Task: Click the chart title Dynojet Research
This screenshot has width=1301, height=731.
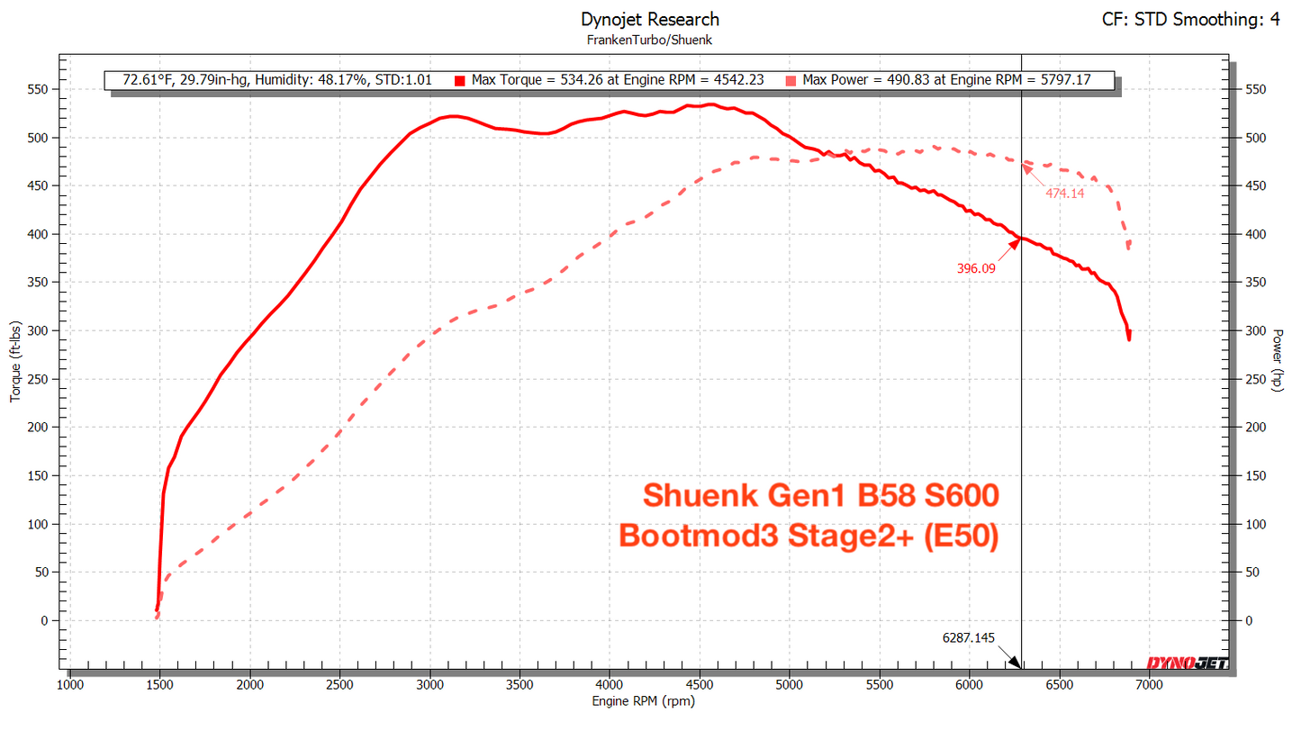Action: tap(650, 19)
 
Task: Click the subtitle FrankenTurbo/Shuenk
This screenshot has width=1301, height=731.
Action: tap(650, 40)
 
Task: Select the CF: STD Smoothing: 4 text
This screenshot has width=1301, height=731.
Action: tap(1190, 19)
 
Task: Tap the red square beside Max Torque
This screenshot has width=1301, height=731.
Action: tap(459, 80)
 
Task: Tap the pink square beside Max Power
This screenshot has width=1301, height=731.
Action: tap(791, 80)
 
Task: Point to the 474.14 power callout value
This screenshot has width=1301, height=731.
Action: tap(1065, 193)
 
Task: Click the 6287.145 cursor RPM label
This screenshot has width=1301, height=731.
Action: tap(969, 637)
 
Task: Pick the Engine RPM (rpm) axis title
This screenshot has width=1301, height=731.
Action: tap(643, 701)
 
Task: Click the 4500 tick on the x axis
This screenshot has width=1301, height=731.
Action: tap(699, 685)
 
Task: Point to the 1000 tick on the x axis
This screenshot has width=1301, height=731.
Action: tap(70, 685)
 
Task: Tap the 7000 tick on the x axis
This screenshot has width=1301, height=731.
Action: tap(1148, 685)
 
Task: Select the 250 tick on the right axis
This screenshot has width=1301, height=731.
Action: tap(1255, 379)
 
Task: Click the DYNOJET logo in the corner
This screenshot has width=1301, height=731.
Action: tap(1186, 663)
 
